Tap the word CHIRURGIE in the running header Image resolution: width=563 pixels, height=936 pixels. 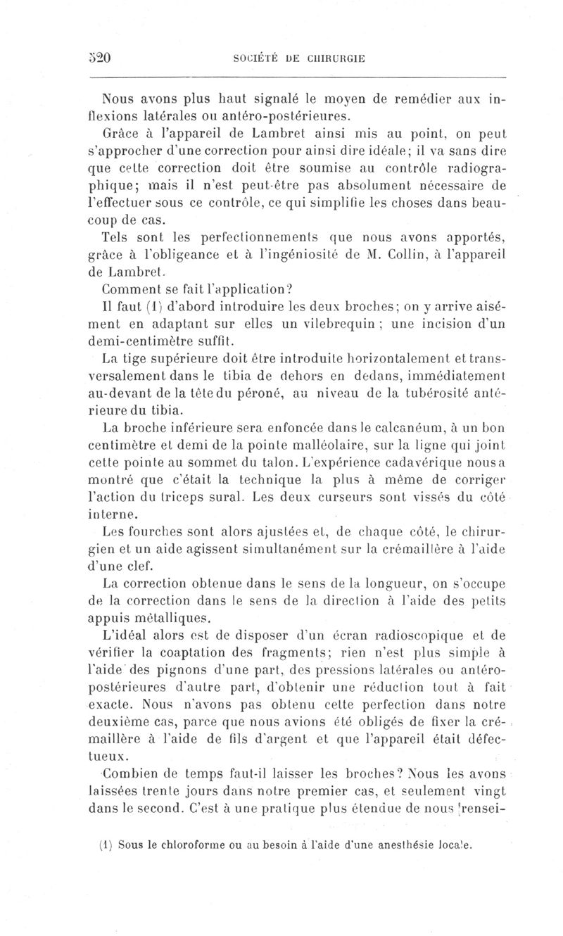click(x=334, y=58)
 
